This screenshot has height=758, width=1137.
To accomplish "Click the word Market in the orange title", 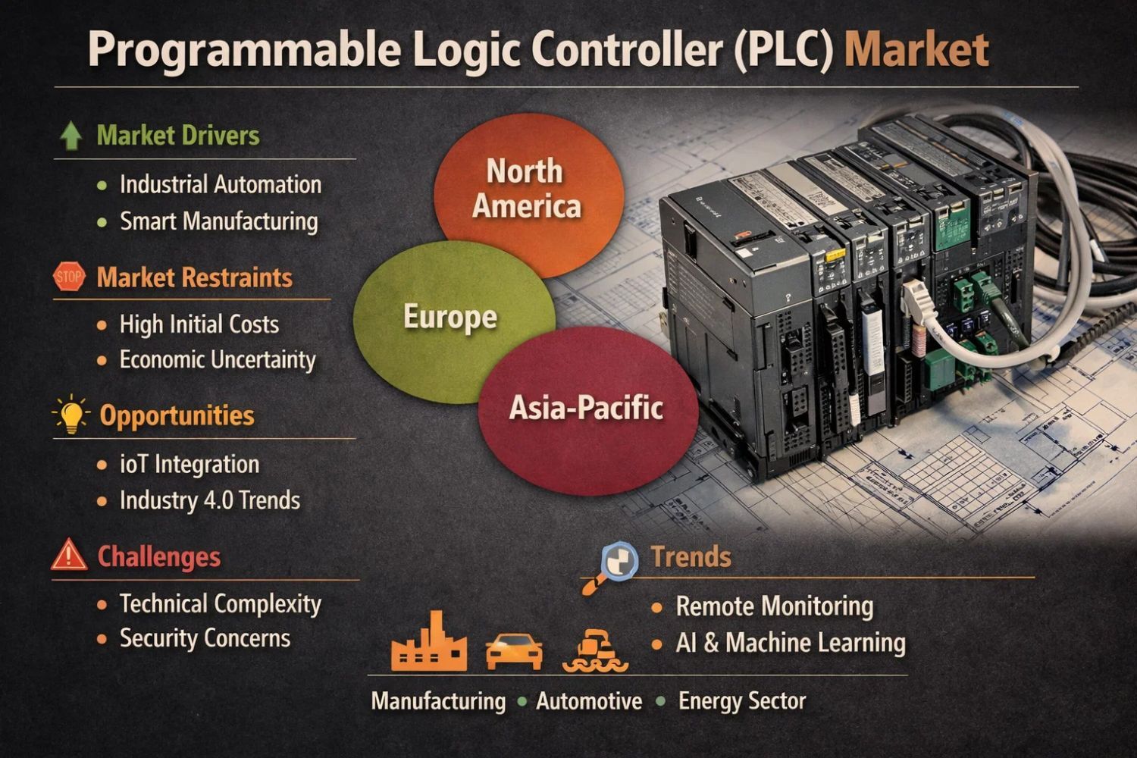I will pyautogui.click(x=916, y=50).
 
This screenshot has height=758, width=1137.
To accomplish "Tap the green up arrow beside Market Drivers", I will pyautogui.click(x=70, y=136).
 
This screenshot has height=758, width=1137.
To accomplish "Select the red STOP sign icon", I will pyautogui.click(x=69, y=277).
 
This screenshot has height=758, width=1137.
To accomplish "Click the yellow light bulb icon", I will pyautogui.click(x=71, y=415).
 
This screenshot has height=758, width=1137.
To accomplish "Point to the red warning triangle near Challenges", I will pyautogui.click(x=69, y=555).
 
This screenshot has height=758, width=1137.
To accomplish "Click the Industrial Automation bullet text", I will pyautogui.click(x=220, y=184).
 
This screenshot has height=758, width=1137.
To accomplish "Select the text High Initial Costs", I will pyautogui.click(x=199, y=324).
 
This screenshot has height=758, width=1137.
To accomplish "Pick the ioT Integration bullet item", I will pyautogui.click(x=189, y=464).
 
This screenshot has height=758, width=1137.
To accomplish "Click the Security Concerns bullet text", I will pyautogui.click(x=205, y=638).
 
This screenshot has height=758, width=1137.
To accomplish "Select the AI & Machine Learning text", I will pyautogui.click(x=790, y=643).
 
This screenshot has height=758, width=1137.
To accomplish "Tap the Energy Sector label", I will pyautogui.click(x=741, y=700).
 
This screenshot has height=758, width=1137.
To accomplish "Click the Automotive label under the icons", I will pyautogui.click(x=589, y=701).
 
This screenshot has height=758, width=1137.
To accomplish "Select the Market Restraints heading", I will pyautogui.click(x=194, y=277).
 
